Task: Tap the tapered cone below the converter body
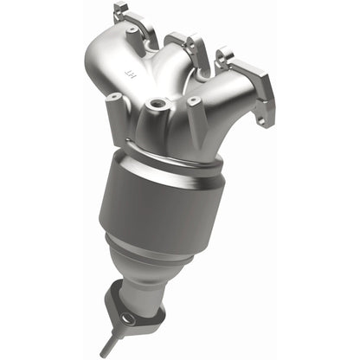click(x=138, y=256)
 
